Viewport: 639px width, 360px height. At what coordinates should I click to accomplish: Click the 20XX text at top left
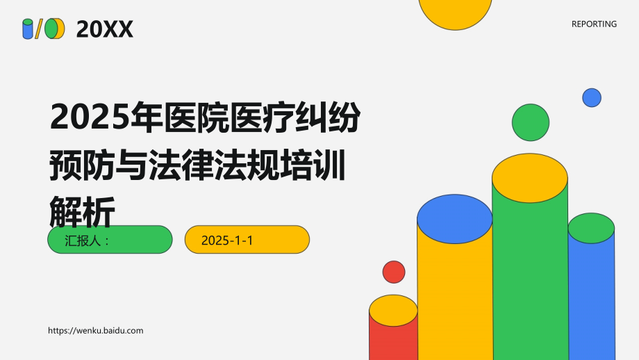coord(104,29)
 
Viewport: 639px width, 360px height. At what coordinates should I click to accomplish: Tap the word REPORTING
coord(594,24)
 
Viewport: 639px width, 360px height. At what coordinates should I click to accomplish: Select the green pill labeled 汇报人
coord(110,240)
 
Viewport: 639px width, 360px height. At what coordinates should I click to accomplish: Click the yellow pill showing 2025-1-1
coord(247,240)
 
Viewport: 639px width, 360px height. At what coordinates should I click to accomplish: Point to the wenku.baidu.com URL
coord(96,331)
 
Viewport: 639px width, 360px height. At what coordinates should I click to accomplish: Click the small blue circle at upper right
coord(592,97)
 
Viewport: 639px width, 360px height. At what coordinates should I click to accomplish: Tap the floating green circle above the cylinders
coord(531,122)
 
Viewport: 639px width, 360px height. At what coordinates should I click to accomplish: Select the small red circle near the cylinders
coord(394,272)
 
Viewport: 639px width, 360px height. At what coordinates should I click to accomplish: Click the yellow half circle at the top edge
coord(456,13)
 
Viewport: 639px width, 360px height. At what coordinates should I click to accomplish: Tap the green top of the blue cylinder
coord(591,228)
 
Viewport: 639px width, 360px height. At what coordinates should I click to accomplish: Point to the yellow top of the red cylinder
coord(393,311)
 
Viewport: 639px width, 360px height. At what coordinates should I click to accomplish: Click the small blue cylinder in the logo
coord(28,29)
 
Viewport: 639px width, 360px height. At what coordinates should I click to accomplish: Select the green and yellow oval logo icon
coord(54,29)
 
